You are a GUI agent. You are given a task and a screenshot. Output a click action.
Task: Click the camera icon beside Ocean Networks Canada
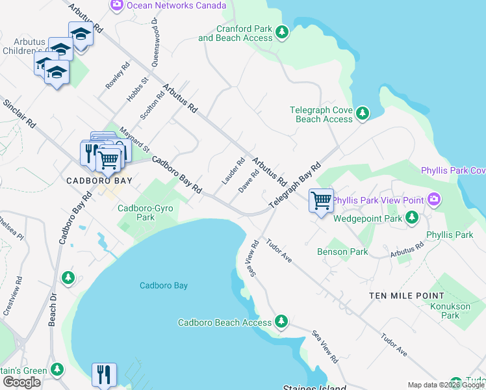pos(117,5)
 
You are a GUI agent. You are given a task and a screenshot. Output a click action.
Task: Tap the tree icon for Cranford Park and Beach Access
pos(281,32)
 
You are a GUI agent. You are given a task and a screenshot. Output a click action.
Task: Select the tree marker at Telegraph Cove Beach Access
pos(362,114)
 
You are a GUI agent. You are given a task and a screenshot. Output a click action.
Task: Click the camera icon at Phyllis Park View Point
pos(433,200)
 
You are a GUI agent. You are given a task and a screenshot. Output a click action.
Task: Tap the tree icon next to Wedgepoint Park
pos(411,218)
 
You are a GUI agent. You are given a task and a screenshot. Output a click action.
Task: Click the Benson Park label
pos(342,252)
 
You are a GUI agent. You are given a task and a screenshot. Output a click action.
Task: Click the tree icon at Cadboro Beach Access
pos(281,322)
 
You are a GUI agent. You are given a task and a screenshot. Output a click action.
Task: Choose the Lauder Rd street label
pos(233,171)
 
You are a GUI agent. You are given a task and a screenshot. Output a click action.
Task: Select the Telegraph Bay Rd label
pos(295,185)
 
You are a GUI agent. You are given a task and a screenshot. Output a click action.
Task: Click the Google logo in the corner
pos(21,382)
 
